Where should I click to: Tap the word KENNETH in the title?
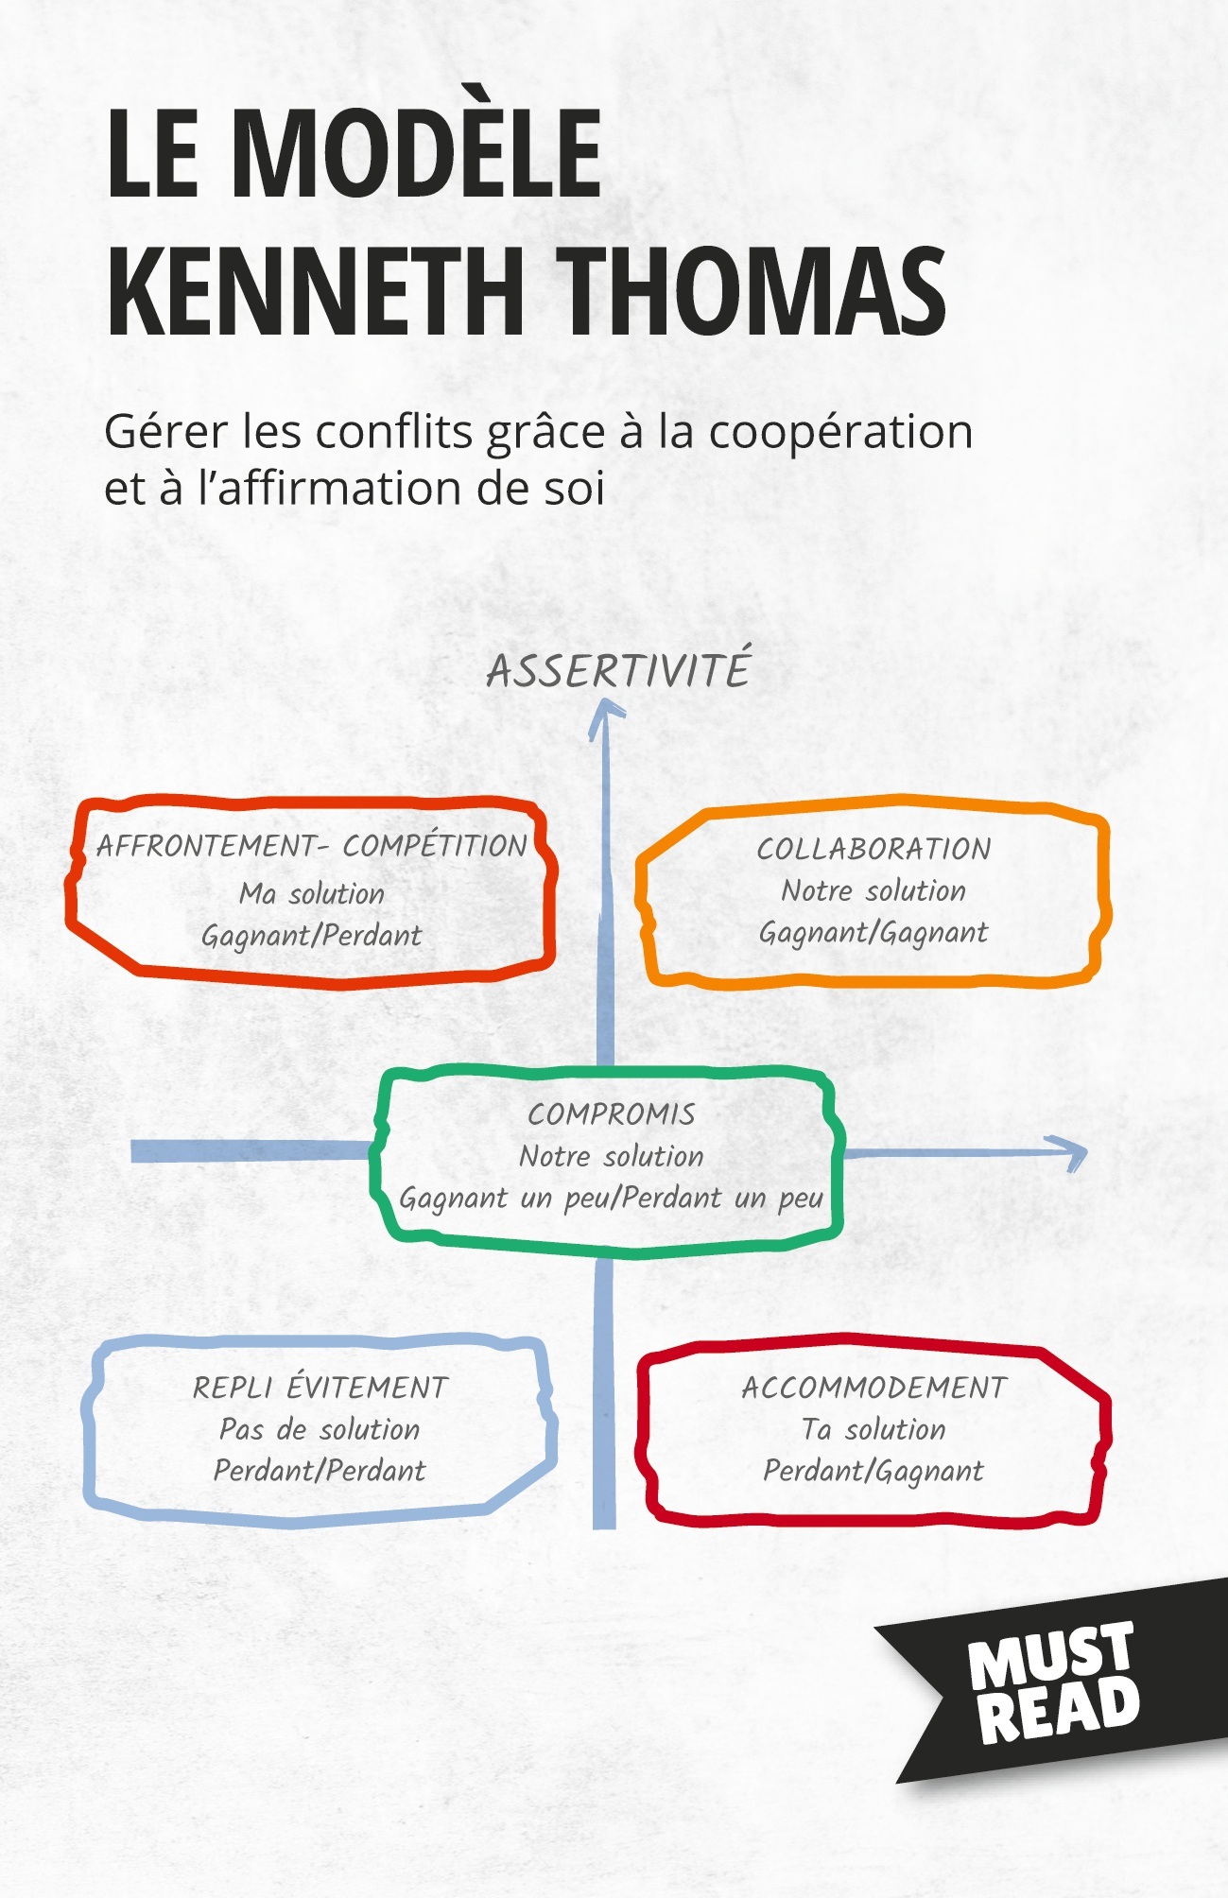tap(316, 290)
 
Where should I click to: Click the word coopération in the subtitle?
tap(840, 432)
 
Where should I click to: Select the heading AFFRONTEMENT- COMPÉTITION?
tap(312, 846)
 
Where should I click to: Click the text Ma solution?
tap(312, 893)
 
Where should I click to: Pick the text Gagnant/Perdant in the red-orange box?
tap(312, 936)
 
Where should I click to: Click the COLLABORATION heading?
tap(873, 849)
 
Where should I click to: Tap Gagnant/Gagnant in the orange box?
tap(873, 933)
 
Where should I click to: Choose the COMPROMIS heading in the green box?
tap(612, 1114)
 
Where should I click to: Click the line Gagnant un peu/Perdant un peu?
tap(612, 1199)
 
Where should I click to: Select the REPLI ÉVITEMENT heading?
tap(320, 1387)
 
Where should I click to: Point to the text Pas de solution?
tap(320, 1429)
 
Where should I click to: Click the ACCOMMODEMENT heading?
tap(873, 1388)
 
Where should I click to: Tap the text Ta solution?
tap(873, 1429)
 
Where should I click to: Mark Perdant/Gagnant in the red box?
tap(873, 1472)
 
